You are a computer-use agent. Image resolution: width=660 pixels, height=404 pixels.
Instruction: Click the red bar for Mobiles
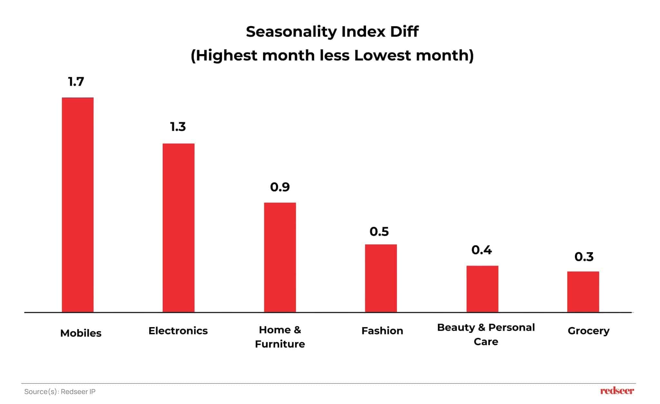point(78,205)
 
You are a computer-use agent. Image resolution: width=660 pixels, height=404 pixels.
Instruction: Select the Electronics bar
point(178,228)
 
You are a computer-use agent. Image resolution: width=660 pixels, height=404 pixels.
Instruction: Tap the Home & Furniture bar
point(280,257)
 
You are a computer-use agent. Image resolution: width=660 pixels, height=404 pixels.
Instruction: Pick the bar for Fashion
point(381,278)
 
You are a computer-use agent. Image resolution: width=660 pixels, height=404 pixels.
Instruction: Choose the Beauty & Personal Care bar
point(482,289)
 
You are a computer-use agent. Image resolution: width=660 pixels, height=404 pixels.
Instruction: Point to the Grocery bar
point(583,292)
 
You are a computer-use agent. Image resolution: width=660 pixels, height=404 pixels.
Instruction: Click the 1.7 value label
point(76,82)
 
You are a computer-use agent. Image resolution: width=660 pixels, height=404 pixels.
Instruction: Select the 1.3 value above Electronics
point(178,127)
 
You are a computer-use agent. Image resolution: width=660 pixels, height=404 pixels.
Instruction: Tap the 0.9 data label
point(280,187)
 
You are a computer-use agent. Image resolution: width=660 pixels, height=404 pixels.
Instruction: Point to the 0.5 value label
point(379,232)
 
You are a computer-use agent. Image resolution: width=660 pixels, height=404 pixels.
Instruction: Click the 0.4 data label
point(481,250)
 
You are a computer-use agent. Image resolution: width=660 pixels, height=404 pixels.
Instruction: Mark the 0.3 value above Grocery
point(584,257)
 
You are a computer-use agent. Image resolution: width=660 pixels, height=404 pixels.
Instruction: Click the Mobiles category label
point(81,333)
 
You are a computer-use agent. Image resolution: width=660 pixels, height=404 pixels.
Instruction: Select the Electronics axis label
point(178,331)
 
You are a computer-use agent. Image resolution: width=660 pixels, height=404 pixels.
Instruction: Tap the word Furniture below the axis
point(280,344)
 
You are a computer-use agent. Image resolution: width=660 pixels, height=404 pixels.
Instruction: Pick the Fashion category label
point(382,331)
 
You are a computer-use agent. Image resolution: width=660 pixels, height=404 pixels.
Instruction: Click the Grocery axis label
point(588,331)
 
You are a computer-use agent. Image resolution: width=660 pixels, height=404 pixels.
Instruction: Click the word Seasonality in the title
point(291,32)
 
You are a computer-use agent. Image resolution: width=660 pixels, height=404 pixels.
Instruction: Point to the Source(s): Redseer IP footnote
point(60,391)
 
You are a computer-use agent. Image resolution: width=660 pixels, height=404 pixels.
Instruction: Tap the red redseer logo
point(617,391)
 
